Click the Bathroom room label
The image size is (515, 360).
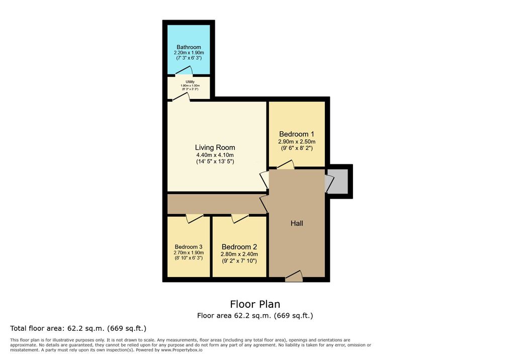pyautogui.click(x=189, y=47)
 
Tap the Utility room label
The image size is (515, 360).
pyautogui.click(x=190, y=82)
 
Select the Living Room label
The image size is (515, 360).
pyautogui.click(x=215, y=148)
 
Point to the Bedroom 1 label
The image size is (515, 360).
pyautogui.click(x=297, y=134)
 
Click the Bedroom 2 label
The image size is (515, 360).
pyautogui.click(x=239, y=247)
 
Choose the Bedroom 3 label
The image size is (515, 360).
pyautogui.click(x=189, y=247)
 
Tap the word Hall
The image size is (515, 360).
pyautogui.click(x=297, y=223)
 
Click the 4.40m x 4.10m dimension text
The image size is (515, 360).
pyautogui.click(x=215, y=155)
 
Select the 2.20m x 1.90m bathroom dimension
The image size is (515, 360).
pyautogui.click(x=189, y=53)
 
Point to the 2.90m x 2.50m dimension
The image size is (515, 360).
pyautogui.click(x=297, y=142)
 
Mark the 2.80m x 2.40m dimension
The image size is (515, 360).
pyautogui.click(x=239, y=254)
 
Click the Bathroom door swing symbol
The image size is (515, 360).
pyautogui.click(x=184, y=70)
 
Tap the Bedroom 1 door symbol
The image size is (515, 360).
pyautogui.click(x=286, y=164)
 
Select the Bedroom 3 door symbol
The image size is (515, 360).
pyautogui.click(x=195, y=218)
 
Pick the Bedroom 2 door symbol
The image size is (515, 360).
pyautogui.click(x=240, y=218)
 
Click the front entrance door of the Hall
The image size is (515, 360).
pyautogui.click(x=294, y=276)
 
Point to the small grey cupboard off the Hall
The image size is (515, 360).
pyautogui.click(x=338, y=182)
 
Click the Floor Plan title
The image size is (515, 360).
pyautogui.click(x=255, y=304)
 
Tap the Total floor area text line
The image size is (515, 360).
pyautogui.click(x=78, y=328)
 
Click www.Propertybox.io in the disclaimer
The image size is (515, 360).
pyautogui.click(x=182, y=350)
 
